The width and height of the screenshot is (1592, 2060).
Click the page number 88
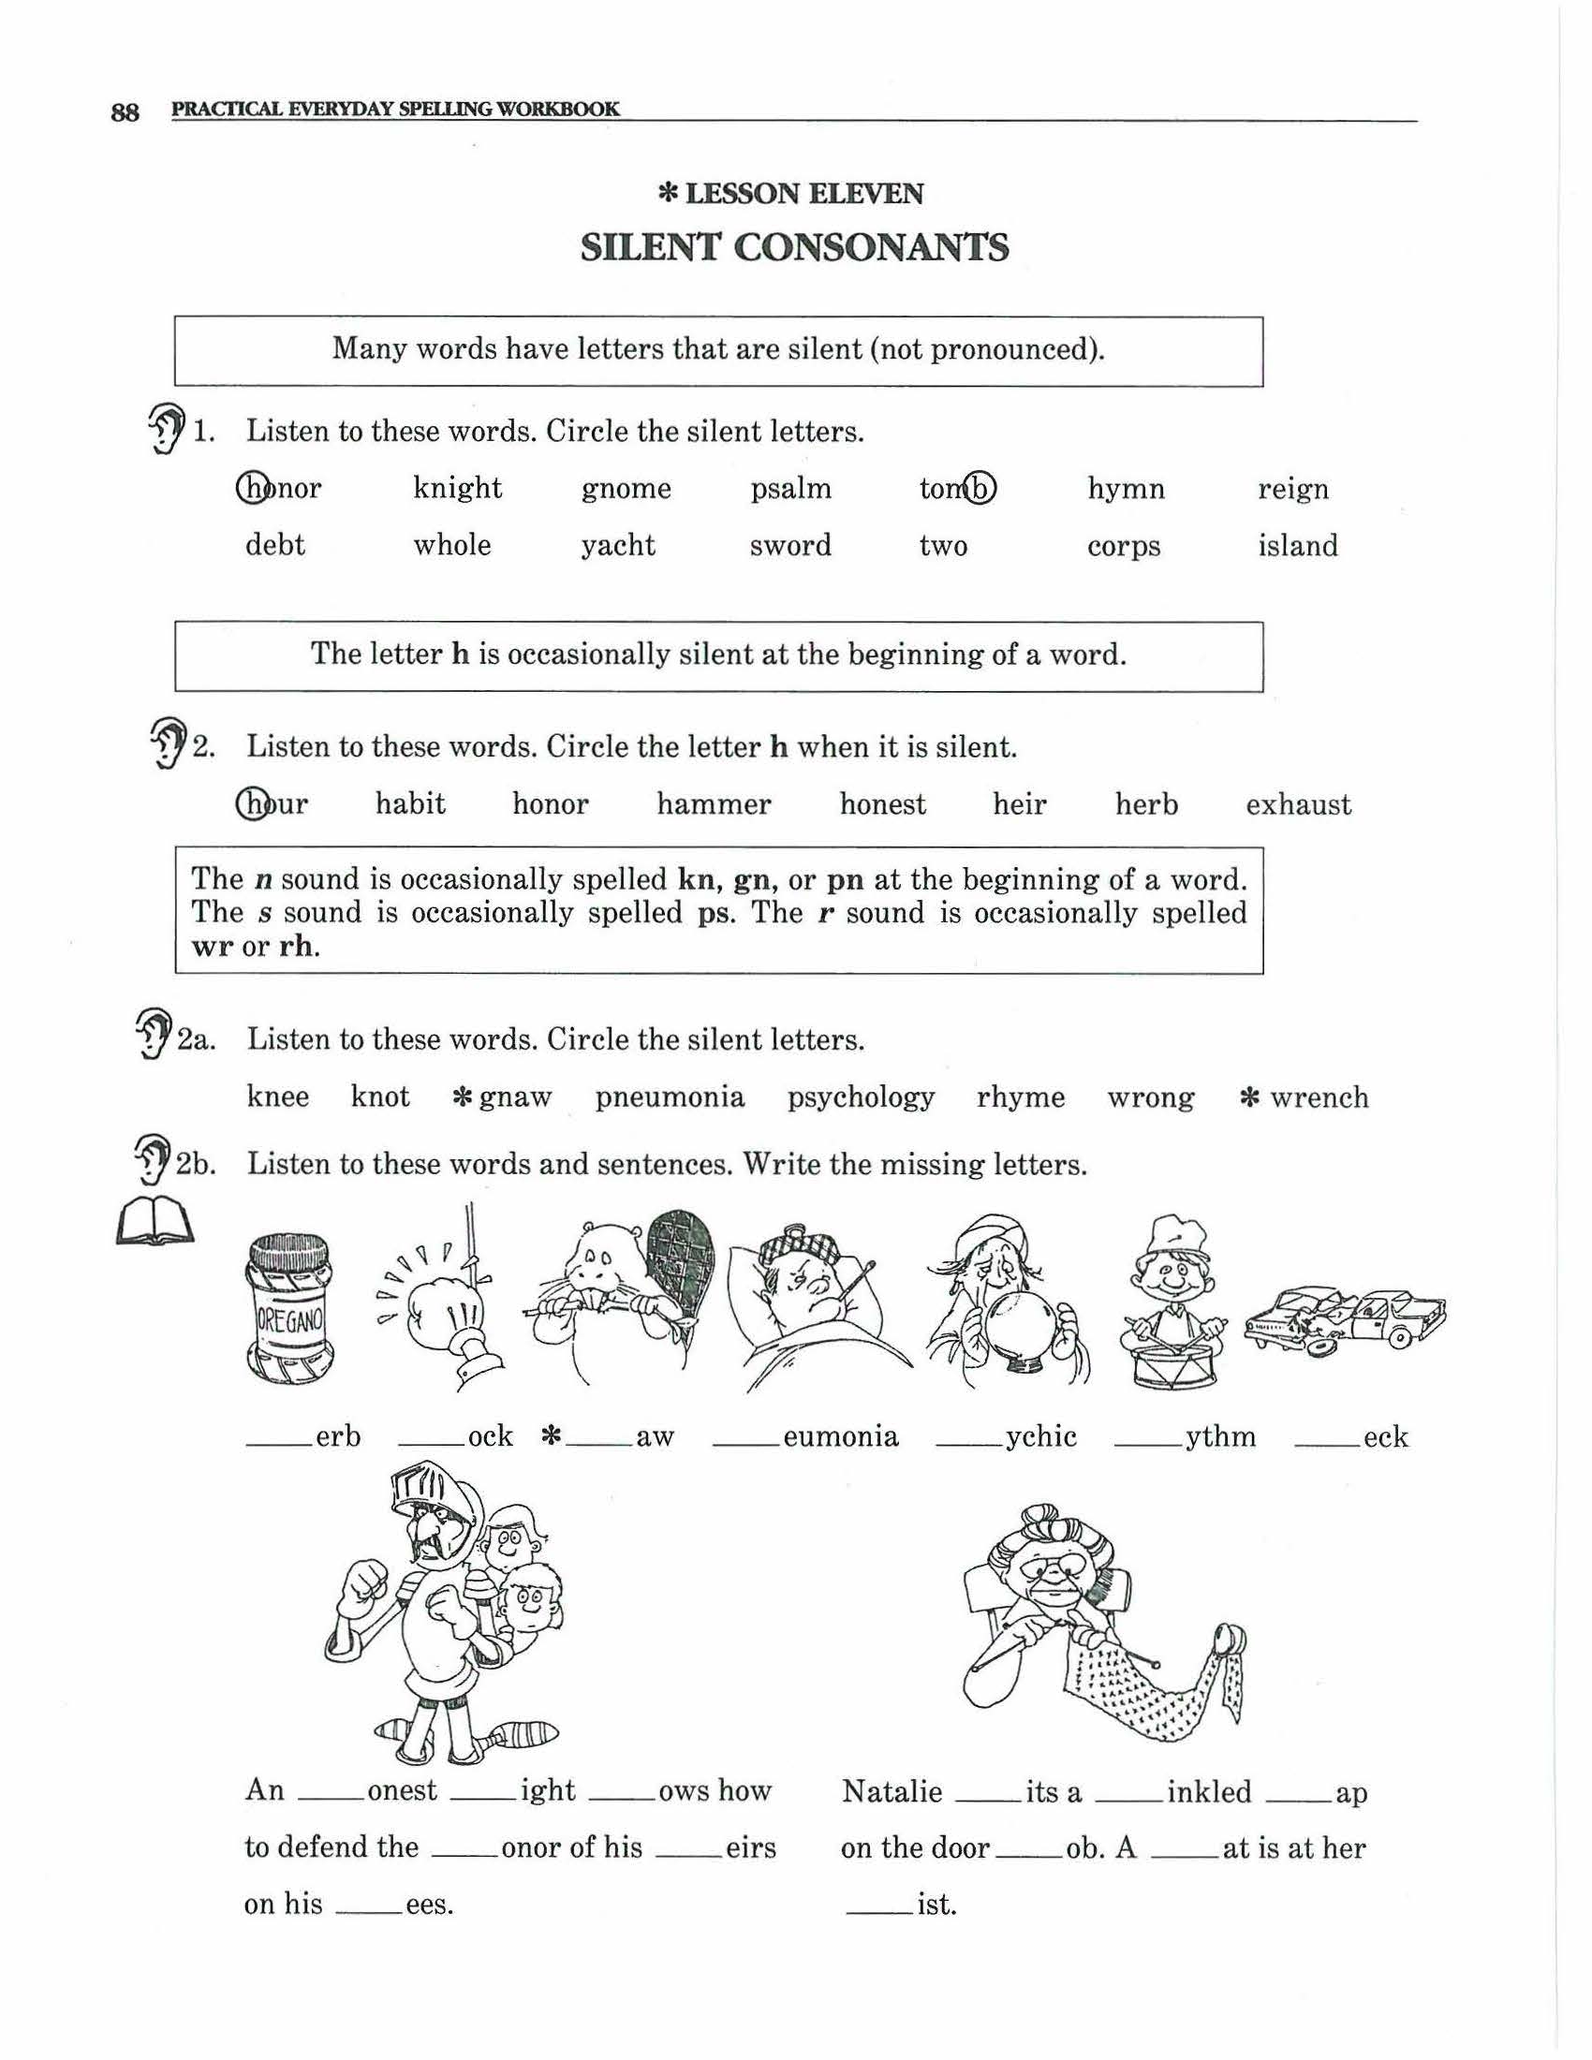[125, 112]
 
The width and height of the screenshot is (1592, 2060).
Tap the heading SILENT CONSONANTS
[794, 248]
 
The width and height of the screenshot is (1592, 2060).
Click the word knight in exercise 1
[457, 489]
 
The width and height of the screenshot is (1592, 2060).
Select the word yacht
[618, 546]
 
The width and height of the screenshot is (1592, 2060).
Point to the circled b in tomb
[981, 488]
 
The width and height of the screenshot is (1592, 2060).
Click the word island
[1297, 546]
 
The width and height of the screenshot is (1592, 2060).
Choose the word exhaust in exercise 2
[1298, 804]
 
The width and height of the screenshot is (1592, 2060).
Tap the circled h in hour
[252, 803]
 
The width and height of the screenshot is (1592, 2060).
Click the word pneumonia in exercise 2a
[670, 1097]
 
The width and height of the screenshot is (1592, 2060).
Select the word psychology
[860, 1097]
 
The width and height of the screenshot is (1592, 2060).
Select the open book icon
[154, 1224]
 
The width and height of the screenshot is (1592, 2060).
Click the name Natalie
[892, 1791]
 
